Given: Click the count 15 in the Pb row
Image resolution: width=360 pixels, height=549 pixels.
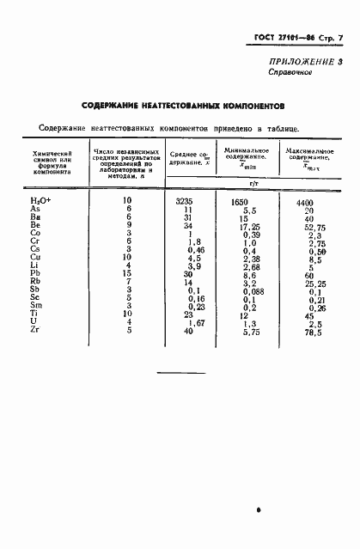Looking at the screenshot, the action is [125, 273].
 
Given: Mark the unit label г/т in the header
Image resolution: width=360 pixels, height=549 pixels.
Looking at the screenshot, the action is [253, 182].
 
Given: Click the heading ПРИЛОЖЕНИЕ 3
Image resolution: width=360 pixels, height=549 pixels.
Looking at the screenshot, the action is [305, 61].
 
